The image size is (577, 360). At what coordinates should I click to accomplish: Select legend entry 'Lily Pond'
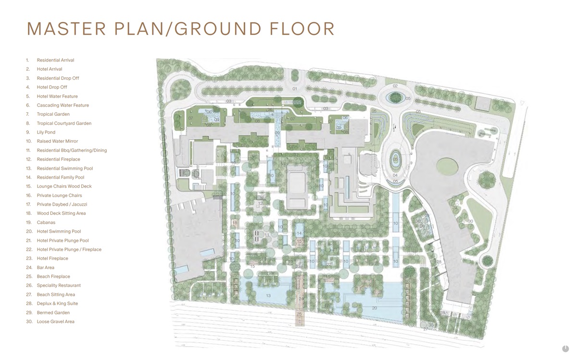[46, 132]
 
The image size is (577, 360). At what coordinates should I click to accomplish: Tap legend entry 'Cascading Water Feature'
[63, 105]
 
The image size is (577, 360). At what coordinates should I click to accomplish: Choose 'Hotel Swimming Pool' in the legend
[59, 231]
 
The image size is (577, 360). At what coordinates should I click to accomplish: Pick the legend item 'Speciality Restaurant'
[59, 286]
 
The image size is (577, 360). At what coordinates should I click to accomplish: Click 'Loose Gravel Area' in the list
[55, 322]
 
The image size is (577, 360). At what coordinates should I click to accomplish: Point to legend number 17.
[28, 204]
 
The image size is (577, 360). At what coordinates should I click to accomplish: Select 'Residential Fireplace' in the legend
[58, 159]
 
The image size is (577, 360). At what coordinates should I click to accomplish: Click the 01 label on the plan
[295, 89]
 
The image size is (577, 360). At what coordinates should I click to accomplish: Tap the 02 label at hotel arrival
[395, 86]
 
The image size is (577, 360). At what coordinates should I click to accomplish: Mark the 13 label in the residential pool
[268, 295]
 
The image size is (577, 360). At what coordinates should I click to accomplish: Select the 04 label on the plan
[395, 175]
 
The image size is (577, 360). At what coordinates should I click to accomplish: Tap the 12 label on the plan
[260, 204]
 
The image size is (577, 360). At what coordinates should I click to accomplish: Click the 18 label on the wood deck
[235, 223]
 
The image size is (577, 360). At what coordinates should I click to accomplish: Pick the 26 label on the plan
[422, 226]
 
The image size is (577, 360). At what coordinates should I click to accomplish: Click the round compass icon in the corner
[565, 349]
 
